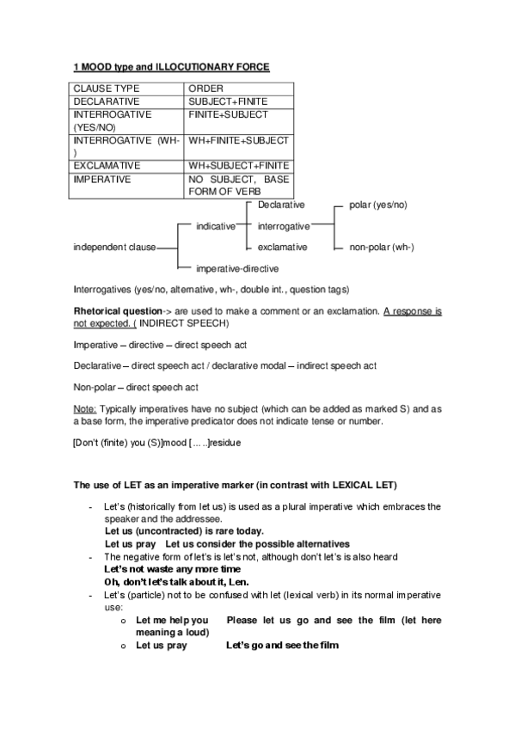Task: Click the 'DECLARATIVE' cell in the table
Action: [107, 101]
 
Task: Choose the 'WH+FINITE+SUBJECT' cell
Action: [238, 140]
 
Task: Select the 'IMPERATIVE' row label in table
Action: [103, 180]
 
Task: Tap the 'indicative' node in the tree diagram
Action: [215, 226]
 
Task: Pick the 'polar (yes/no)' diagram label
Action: [378, 205]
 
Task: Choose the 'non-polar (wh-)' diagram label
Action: [382, 248]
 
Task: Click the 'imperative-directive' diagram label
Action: [237, 268]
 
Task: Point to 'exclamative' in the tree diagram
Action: [282, 248]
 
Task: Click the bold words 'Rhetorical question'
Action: [119, 310]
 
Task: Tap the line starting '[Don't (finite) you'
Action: [156, 443]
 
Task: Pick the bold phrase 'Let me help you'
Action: [172, 620]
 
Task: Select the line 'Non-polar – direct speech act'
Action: [136, 388]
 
